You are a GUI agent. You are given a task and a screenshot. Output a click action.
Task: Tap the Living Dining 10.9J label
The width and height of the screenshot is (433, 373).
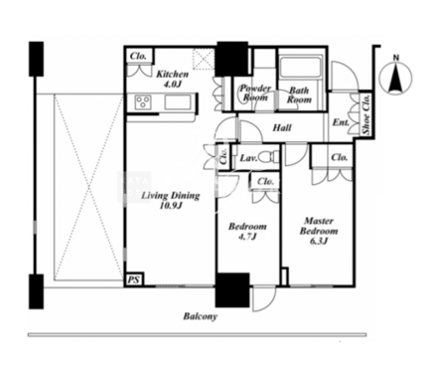[x=171, y=201]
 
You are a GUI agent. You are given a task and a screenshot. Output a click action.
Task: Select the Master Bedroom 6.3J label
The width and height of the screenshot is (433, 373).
[x=319, y=231]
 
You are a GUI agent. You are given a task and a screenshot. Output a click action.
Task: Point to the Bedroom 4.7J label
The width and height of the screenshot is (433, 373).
[x=247, y=232]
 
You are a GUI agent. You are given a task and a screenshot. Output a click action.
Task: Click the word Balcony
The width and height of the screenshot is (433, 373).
[x=201, y=316]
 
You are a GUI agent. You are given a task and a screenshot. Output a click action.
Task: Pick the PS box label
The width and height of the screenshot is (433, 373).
[x=134, y=280]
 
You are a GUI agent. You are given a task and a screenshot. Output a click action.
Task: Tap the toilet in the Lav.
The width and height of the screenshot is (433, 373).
[x=268, y=157]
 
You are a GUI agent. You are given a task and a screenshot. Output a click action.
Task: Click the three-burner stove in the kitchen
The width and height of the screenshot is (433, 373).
[x=143, y=101]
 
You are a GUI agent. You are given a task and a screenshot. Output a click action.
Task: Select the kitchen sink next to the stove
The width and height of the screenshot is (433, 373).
[x=178, y=101]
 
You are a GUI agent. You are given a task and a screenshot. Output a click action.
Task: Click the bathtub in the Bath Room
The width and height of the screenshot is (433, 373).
[x=300, y=69]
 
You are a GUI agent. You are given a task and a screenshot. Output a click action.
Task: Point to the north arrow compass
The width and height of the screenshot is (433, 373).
[x=395, y=78]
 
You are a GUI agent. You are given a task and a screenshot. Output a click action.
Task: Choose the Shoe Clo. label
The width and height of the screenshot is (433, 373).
[x=366, y=114]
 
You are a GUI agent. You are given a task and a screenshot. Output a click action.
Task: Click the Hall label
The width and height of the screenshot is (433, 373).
[x=282, y=127]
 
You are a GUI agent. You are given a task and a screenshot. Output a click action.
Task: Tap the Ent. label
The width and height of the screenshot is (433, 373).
[x=341, y=122]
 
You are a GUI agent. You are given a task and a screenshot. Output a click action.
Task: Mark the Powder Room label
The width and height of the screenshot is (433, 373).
[x=255, y=93]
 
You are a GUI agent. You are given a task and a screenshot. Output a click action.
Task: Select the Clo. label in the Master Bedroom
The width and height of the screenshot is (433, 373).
[x=340, y=157]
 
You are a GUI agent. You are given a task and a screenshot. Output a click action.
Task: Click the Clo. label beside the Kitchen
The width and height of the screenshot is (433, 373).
[x=138, y=56]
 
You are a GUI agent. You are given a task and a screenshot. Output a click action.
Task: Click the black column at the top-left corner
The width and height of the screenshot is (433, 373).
[x=36, y=59]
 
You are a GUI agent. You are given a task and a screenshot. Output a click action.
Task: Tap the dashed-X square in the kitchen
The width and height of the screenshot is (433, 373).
[x=204, y=59]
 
